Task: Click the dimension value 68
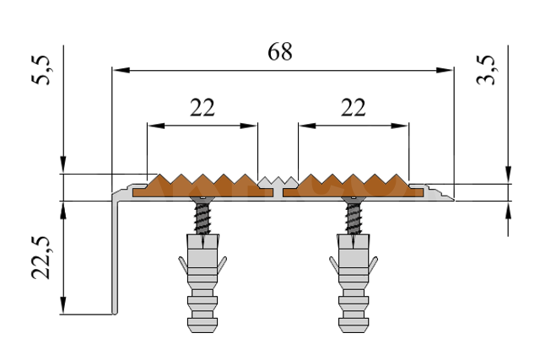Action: (x=280, y=52)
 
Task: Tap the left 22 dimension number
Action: (x=202, y=107)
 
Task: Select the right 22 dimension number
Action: (x=353, y=107)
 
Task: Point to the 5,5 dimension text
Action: (x=41, y=70)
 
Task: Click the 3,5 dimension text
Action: (x=486, y=70)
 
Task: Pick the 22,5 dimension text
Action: (x=41, y=257)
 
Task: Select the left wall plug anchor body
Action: (x=202, y=283)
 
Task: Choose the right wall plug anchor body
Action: (x=354, y=283)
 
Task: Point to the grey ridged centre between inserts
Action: (x=278, y=182)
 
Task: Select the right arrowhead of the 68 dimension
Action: (x=445, y=70)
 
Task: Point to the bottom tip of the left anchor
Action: (x=202, y=332)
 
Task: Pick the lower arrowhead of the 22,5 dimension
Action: (x=62, y=305)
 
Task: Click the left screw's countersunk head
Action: (x=202, y=199)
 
